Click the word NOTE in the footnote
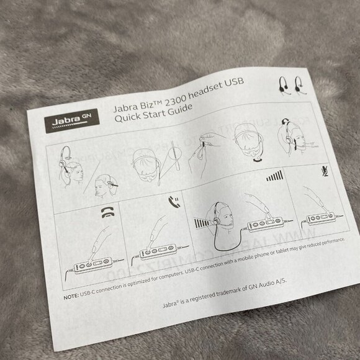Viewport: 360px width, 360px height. [72, 296]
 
